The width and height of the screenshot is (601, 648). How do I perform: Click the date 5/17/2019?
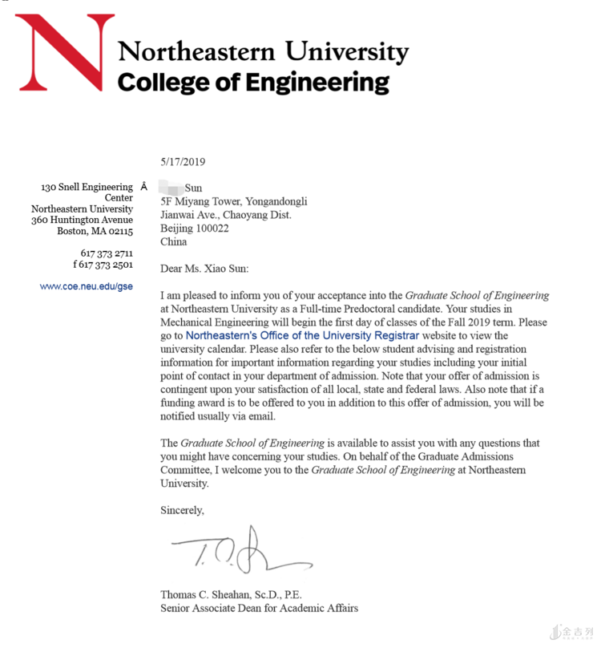[x=183, y=161]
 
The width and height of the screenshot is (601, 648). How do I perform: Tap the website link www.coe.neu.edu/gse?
[x=87, y=286]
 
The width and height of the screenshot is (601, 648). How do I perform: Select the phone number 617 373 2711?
[x=107, y=253]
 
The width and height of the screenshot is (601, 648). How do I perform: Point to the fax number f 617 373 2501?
[x=103, y=265]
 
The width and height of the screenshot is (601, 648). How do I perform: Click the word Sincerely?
[x=182, y=509]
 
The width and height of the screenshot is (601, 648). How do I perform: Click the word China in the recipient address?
[x=173, y=241]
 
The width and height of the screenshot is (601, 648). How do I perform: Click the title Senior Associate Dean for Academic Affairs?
[x=259, y=608]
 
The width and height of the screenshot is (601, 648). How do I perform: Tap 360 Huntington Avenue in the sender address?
[x=82, y=220]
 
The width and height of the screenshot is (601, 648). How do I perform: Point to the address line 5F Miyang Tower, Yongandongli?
[x=233, y=202]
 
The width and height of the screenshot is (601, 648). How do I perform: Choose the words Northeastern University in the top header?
[x=264, y=52]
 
